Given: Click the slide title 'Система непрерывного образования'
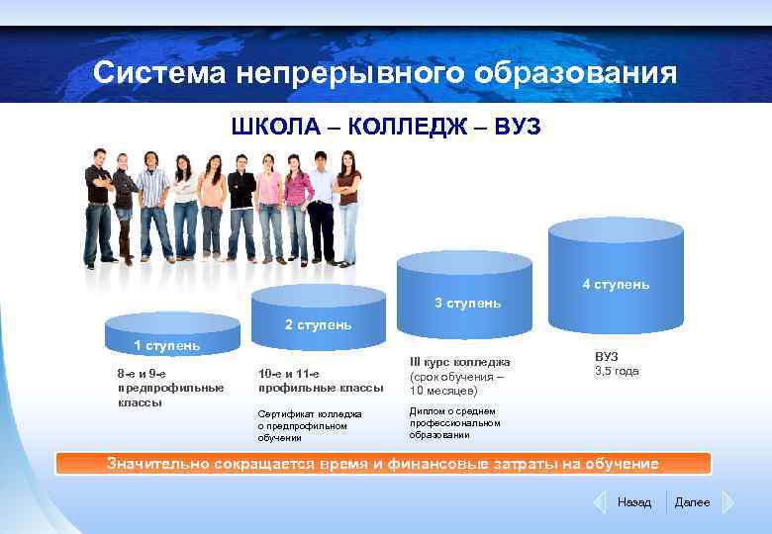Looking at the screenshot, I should [385, 74].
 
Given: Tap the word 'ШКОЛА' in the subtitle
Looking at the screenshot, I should [277, 128].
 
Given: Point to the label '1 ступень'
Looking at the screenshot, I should [167, 345].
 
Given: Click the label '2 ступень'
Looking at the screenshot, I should [318, 324].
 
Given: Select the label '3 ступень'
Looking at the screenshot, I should [467, 303].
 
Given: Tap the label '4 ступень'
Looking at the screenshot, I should [616, 285].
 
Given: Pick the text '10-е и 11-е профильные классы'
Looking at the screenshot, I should [320, 381].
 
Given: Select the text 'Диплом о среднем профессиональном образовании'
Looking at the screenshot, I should [454, 422].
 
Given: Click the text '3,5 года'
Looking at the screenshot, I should [617, 372].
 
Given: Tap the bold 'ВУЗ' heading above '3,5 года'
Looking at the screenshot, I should [607, 356].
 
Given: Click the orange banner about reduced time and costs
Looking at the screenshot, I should [384, 464].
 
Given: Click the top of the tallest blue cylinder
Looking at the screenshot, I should [616, 228].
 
